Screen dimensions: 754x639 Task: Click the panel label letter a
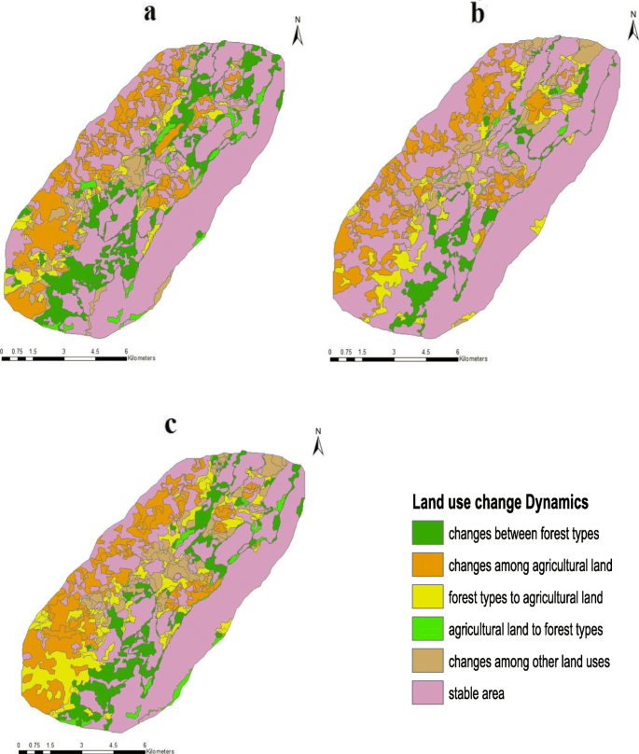149,12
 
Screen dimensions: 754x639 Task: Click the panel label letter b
479,12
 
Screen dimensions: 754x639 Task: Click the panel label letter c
170,425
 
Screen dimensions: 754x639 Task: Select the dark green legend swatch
426,534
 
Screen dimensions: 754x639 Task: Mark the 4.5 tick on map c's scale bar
114,745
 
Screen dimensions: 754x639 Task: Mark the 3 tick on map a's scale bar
63,352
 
